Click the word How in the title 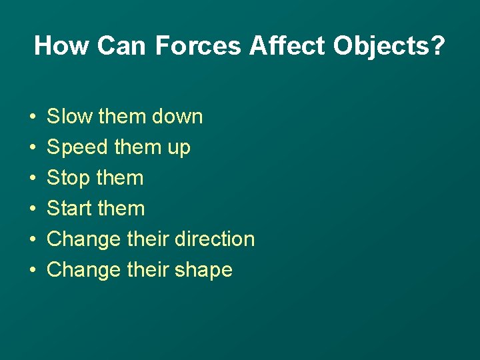pos(61,46)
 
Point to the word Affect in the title pos(287,46)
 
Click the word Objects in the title pos(379,46)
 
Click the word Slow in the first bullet pos(70,117)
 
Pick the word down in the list pos(177,117)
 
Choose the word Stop pos(69,179)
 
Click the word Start pos(70,209)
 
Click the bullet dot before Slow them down pos(33,117)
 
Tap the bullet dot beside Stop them pos(33,179)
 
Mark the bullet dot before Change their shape pos(33,271)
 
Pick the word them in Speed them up pos(137,147)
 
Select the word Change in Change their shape pos(84,271)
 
